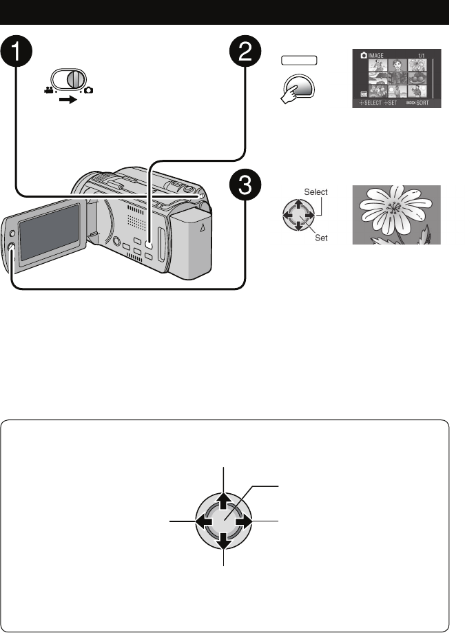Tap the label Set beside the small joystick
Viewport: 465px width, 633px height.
pos(319,236)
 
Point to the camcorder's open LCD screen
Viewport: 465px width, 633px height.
pos(48,231)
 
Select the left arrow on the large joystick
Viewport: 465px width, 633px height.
pos(202,522)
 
